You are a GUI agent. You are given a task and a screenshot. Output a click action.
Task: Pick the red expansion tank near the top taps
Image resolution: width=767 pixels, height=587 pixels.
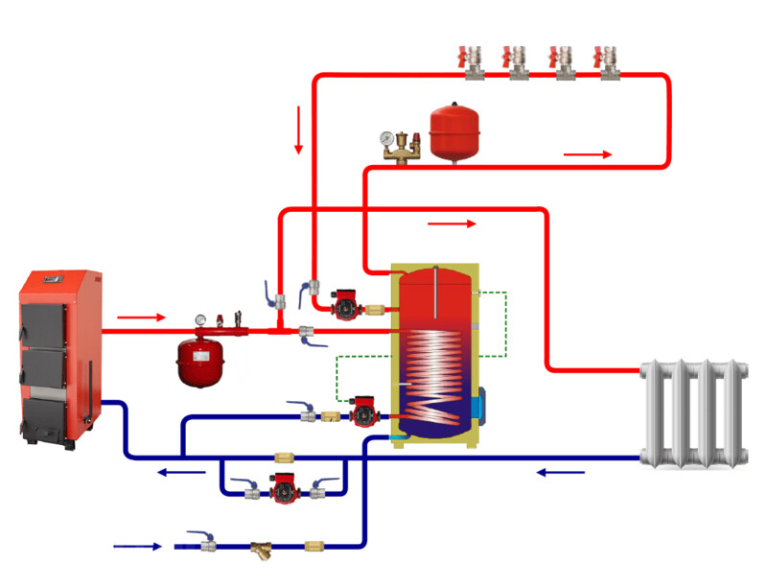tap(452, 133)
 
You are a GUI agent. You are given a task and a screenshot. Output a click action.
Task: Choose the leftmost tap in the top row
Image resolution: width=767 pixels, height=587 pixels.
tap(474, 59)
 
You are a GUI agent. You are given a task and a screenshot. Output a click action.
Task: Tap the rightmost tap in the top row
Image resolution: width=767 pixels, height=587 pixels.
tap(606, 59)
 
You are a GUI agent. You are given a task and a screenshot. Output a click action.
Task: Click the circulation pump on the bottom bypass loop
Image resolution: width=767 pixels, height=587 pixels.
tap(284, 488)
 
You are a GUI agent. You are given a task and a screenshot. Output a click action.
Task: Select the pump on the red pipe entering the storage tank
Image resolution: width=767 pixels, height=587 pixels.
tap(342, 306)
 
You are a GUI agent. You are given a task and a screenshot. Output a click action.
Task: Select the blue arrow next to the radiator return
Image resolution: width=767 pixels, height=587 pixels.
tap(561, 472)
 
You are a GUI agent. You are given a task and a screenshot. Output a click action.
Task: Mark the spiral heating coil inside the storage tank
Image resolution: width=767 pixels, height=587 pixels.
tap(436, 374)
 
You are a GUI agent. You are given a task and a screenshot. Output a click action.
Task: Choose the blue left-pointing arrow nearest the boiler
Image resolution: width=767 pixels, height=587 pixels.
tap(181, 471)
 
